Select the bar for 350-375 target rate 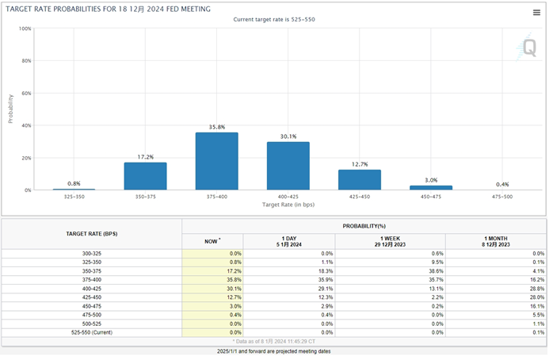pyautogui.click(x=145, y=176)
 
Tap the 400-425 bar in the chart pyautogui.click(x=288, y=166)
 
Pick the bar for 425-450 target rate pyautogui.click(x=359, y=180)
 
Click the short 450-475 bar pyautogui.click(x=430, y=188)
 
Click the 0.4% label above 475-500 pyautogui.click(x=502, y=184)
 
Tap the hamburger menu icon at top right pyautogui.click(x=536, y=12)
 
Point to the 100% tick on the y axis pyautogui.click(x=25, y=29)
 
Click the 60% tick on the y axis pyautogui.click(x=26, y=94)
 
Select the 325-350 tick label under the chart pyautogui.click(x=74, y=197)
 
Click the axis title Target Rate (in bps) pyautogui.click(x=288, y=205)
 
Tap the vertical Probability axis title pyautogui.click(x=10, y=109)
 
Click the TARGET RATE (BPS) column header pyautogui.click(x=91, y=234)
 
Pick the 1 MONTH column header pyautogui.click(x=496, y=240)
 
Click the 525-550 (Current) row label pyautogui.click(x=91, y=331)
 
